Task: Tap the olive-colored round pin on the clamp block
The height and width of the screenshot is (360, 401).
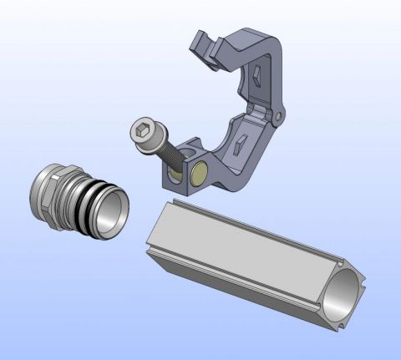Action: point(200,175)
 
